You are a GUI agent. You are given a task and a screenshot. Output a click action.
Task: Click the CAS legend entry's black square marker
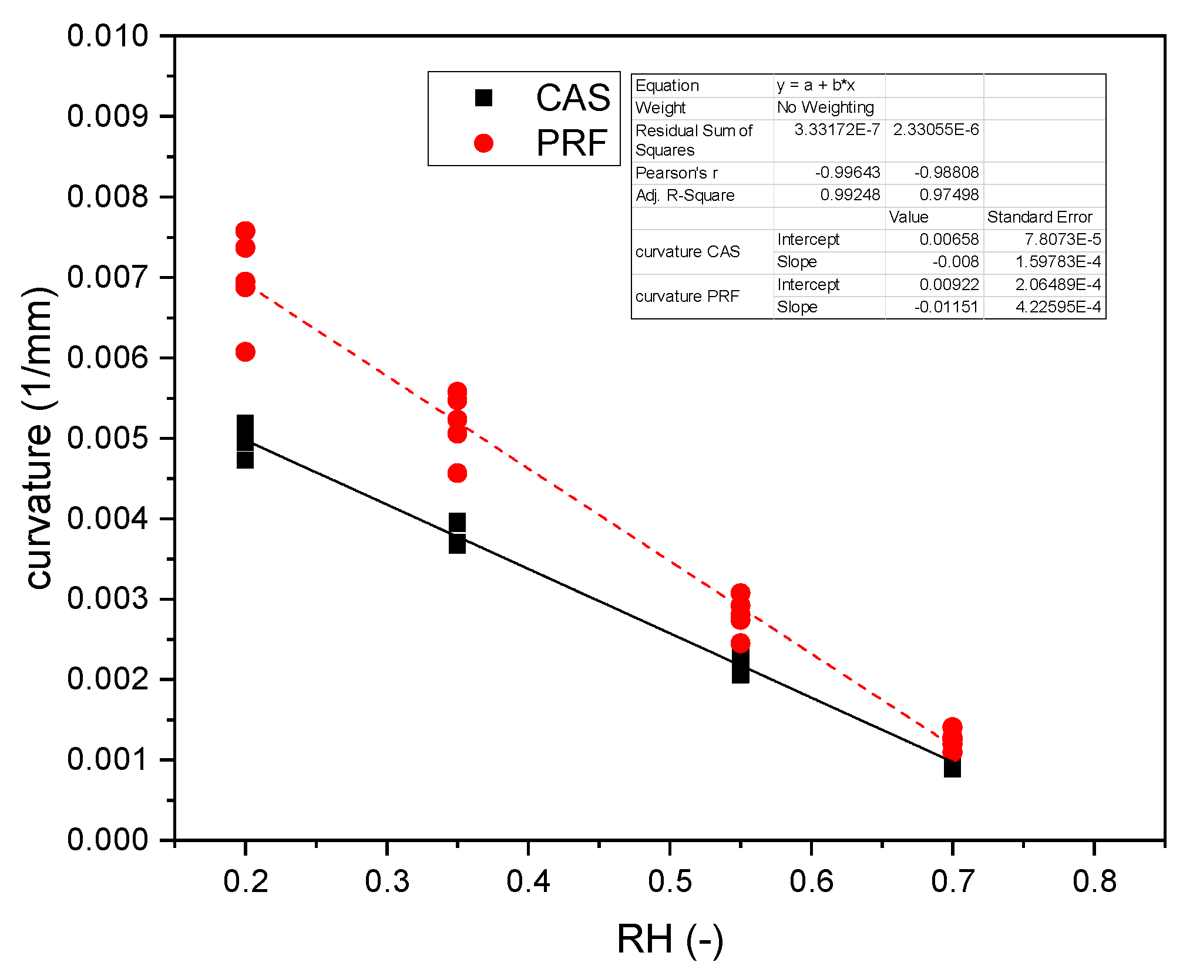coord(483,97)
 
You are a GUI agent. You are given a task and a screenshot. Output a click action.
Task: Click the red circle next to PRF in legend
coord(483,143)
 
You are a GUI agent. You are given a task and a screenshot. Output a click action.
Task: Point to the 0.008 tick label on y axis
coord(107,196)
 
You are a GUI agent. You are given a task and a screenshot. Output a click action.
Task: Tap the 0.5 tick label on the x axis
coord(670,881)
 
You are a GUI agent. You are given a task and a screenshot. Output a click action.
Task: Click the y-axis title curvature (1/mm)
coord(39,437)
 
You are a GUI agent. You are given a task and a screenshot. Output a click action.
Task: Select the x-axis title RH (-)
coord(670,939)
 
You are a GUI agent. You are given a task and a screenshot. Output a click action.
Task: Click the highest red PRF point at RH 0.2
coord(245,231)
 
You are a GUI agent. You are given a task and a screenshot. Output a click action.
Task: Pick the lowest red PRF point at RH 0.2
coord(245,352)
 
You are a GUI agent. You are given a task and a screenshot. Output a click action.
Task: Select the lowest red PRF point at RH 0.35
coord(457,473)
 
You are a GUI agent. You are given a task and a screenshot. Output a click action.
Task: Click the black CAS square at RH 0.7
coord(952,766)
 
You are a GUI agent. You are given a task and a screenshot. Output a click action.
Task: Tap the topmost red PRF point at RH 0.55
coord(740,593)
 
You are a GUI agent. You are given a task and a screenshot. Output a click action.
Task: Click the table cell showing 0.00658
coord(949,240)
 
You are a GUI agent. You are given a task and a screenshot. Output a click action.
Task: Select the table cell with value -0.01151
coord(946,307)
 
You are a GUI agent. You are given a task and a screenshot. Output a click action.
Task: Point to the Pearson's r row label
coord(676,173)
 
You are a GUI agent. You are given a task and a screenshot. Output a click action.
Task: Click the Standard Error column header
coord(1039,217)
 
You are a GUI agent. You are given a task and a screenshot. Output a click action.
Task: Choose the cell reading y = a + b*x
coord(815,86)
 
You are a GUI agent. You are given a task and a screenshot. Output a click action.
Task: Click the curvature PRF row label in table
coord(687,297)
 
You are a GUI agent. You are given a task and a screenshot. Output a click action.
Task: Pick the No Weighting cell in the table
coord(825,107)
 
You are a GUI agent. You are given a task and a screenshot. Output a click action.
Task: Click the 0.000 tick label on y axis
coord(107,840)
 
